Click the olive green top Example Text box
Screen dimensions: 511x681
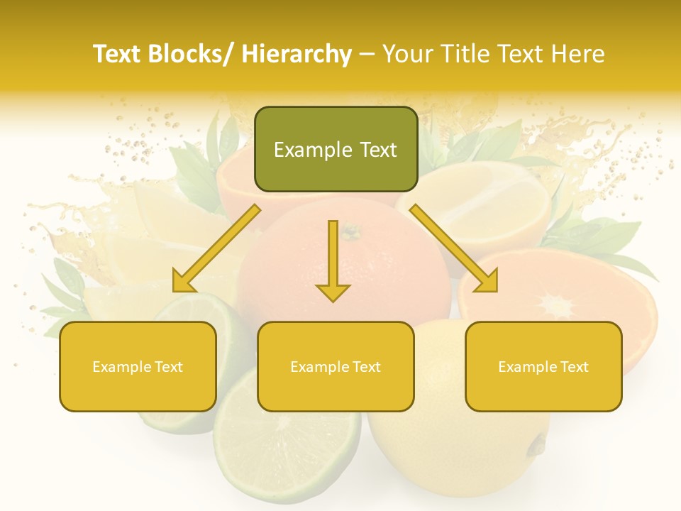336,149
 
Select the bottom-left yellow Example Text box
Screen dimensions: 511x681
138,366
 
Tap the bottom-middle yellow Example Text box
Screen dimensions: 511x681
336,366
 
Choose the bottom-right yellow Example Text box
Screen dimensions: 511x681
543,366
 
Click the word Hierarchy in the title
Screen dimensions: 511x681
296,54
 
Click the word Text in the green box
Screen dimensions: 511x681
378,150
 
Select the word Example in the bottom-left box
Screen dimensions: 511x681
120,367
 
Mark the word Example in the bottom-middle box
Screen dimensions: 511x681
318,367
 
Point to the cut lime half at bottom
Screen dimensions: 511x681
287,440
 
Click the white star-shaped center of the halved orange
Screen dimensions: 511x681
557,307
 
